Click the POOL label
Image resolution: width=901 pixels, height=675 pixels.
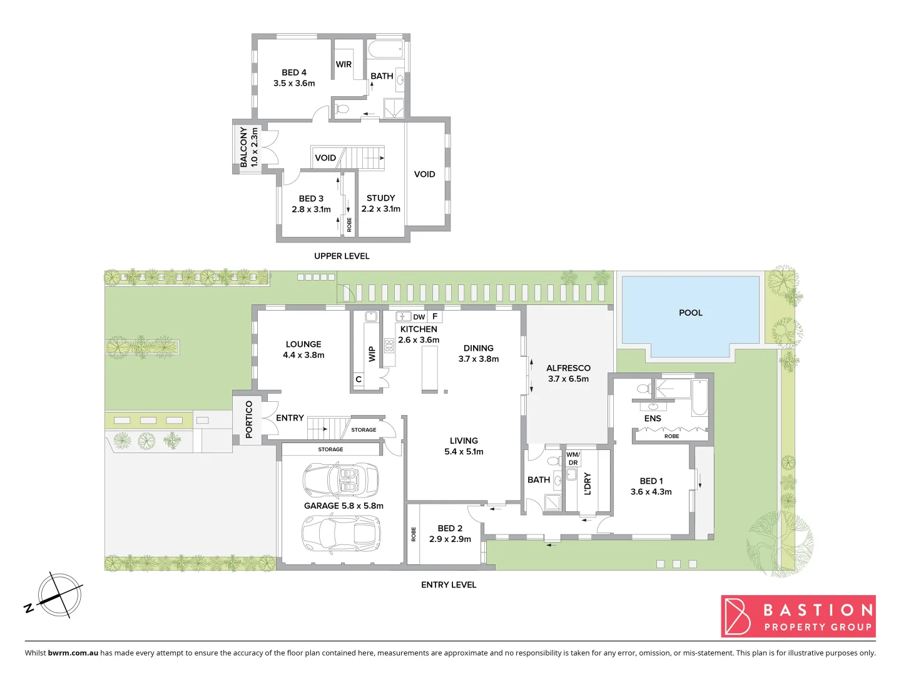pyautogui.click(x=690, y=312)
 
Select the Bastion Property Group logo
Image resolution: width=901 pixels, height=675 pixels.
pyautogui.click(x=798, y=616)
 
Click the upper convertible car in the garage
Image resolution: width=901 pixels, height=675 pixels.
pyautogui.click(x=341, y=481)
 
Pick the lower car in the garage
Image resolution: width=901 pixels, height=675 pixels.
pyautogui.click(x=341, y=533)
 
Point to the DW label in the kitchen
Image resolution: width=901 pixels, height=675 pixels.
pyautogui.click(x=419, y=317)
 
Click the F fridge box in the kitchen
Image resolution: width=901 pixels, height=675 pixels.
pyautogui.click(x=435, y=316)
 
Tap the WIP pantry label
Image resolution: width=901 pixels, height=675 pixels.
pyautogui.click(x=372, y=354)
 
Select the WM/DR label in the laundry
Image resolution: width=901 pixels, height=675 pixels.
pyautogui.click(x=573, y=459)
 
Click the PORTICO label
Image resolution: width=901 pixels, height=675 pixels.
pyautogui.click(x=249, y=419)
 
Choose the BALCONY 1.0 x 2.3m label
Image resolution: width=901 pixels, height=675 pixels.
pyautogui.click(x=248, y=147)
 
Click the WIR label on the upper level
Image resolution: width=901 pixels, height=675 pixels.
pyautogui.click(x=344, y=64)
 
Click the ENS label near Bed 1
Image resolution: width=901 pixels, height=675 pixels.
pyautogui.click(x=653, y=418)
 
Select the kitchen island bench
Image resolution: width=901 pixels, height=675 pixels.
pyautogui.click(x=429, y=369)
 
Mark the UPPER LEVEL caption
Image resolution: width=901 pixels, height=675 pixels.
pyautogui.click(x=342, y=256)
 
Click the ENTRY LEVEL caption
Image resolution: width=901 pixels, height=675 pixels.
pyautogui.click(x=449, y=584)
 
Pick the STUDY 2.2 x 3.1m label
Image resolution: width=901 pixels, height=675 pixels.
pyautogui.click(x=380, y=203)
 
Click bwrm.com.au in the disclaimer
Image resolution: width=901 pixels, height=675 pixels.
pyautogui.click(x=73, y=652)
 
